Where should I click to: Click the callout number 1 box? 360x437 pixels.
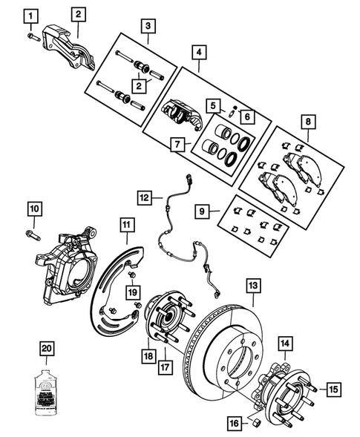(x=30, y=14)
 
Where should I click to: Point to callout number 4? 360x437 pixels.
(x=198, y=53)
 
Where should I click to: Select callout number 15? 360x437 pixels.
(x=333, y=387)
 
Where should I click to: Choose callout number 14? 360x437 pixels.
(x=286, y=344)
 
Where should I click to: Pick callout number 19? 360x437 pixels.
(x=132, y=293)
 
